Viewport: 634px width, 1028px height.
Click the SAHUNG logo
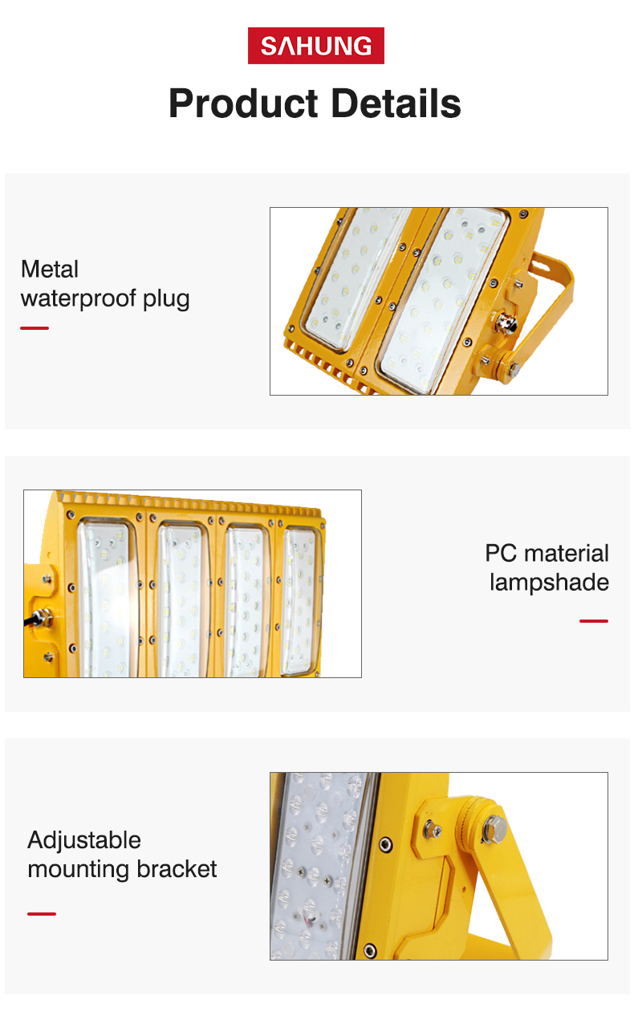tap(316, 46)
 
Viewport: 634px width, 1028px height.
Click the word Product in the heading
tap(243, 104)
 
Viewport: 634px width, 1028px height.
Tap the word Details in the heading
tap(396, 104)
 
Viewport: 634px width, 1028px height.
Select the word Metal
tap(50, 269)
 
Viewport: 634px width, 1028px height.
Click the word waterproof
tap(79, 299)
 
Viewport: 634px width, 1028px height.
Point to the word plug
tap(166, 299)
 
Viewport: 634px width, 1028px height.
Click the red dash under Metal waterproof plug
tap(35, 328)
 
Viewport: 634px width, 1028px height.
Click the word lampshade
tap(550, 583)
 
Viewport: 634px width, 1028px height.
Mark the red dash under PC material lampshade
tap(594, 621)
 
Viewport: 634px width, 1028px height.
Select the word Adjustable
tap(84, 841)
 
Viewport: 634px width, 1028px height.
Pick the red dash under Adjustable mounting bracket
tap(41, 914)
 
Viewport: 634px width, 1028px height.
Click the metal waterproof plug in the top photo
tap(506, 324)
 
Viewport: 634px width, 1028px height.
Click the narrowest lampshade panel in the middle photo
tap(300, 602)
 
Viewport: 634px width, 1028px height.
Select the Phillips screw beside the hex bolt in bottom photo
tap(433, 829)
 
